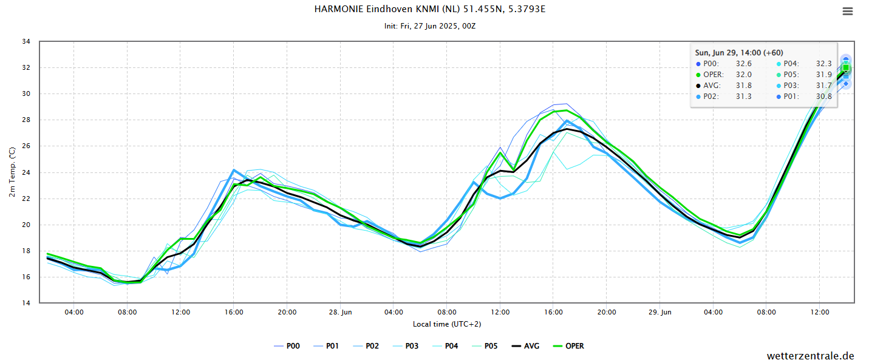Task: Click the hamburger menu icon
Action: [847, 11]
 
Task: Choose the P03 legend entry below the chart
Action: [406, 346]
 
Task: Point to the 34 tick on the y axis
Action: [26, 42]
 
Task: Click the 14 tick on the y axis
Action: [26, 303]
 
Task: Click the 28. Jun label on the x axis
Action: [340, 312]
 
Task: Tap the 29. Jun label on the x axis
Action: [660, 312]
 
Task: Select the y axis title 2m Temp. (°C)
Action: [13, 172]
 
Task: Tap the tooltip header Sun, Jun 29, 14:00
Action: [738, 53]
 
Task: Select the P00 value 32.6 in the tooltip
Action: [743, 64]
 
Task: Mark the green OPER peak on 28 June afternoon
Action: [567, 110]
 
